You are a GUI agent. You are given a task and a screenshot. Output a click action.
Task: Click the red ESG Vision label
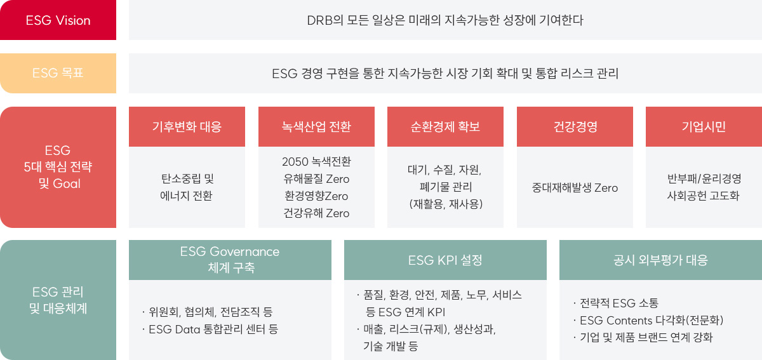coord(58,20)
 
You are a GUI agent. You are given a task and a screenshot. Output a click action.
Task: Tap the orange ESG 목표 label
coord(58,73)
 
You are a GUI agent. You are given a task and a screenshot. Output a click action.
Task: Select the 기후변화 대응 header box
coord(187,126)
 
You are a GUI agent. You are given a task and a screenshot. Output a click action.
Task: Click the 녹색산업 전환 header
coord(316,126)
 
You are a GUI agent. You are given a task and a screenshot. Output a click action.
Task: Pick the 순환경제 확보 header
coord(445,126)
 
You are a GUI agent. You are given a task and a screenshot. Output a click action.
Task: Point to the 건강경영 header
coord(575,126)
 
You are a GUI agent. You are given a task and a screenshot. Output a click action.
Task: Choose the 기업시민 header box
coord(704,126)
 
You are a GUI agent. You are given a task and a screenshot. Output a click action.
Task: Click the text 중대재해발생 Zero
coord(575,188)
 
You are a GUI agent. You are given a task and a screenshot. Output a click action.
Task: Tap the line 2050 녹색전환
coord(316,162)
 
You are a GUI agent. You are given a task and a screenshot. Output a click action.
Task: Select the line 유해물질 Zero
coord(316,179)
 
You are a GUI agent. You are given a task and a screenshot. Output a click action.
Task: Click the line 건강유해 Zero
coord(316,213)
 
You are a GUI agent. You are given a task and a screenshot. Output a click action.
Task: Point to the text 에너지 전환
coord(187,196)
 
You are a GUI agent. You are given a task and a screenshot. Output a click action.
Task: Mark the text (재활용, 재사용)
coord(446,204)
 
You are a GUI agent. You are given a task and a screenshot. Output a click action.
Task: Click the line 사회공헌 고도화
coord(704,196)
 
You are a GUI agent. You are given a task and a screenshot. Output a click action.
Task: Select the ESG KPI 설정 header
coord(445,260)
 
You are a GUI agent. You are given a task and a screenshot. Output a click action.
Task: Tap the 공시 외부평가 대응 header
coord(660,260)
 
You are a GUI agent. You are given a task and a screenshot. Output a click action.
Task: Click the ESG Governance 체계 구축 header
coord(230,260)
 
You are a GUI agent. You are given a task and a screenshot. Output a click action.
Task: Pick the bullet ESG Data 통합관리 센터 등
coord(210,329)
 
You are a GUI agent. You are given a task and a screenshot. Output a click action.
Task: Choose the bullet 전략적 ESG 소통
coord(616,303)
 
